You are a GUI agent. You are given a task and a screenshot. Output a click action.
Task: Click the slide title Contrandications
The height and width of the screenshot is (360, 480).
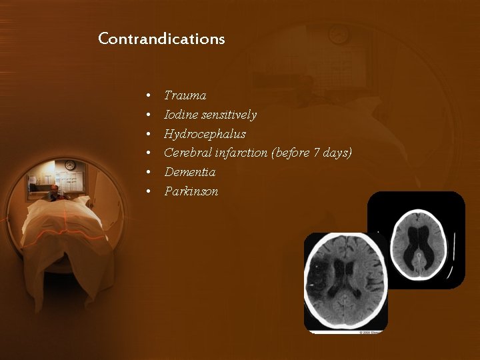click(161, 39)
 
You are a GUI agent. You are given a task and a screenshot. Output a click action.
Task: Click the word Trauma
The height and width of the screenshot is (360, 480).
click(185, 96)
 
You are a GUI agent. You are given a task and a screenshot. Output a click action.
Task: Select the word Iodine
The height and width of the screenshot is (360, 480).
click(180, 115)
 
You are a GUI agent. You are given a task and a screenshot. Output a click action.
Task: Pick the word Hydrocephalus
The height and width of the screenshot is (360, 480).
click(205, 134)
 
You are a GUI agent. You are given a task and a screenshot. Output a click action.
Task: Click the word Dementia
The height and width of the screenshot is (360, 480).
click(190, 172)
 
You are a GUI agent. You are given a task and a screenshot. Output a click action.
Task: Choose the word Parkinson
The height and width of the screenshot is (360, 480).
click(191, 191)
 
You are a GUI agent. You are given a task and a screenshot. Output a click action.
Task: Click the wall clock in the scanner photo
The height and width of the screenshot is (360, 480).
click(70, 165)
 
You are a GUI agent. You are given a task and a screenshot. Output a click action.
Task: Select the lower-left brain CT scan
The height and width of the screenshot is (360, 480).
click(345, 281)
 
